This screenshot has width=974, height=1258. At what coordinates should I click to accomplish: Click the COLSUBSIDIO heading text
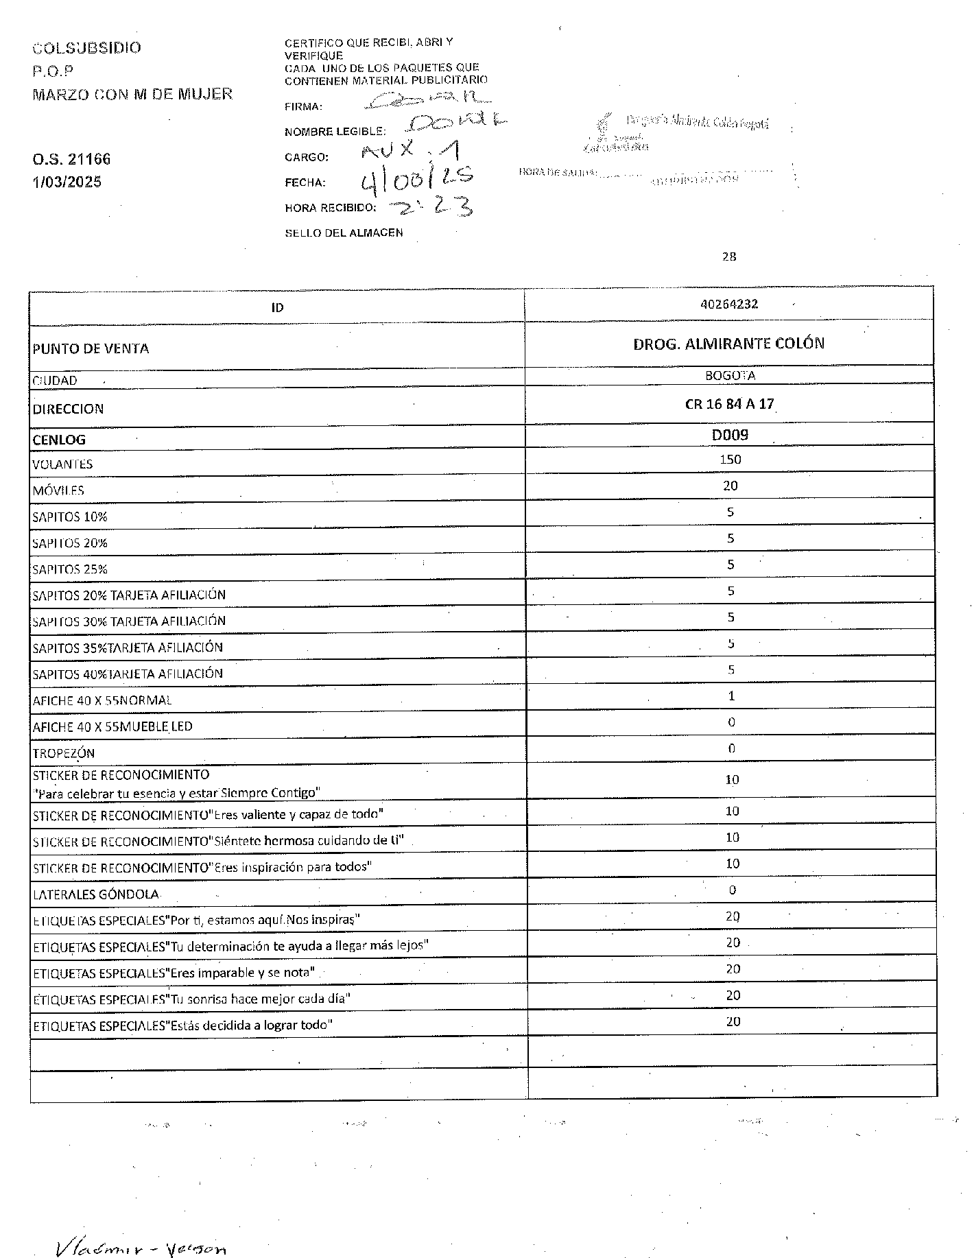click(87, 48)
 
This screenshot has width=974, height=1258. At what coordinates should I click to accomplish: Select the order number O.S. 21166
click(71, 160)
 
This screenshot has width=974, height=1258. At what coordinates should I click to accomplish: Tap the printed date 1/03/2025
click(67, 182)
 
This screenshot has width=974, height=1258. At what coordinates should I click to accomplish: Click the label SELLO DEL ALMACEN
click(344, 233)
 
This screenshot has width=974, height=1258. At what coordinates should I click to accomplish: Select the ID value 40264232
click(728, 304)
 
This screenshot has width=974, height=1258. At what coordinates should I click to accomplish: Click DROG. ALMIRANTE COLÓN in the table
click(728, 344)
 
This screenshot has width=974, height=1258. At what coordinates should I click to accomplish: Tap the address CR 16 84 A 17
click(729, 404)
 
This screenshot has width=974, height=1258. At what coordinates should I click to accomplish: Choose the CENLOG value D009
click(730, 435)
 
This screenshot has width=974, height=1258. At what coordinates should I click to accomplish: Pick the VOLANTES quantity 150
click(730, 460)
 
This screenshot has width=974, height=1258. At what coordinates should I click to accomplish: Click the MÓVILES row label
click(58, 490)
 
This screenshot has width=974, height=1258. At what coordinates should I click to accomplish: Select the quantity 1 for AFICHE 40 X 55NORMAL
click(731, 696)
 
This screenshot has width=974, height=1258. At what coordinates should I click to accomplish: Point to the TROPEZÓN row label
click(64, 753)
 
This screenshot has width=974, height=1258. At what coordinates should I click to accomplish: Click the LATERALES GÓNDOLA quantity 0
click(732, 890)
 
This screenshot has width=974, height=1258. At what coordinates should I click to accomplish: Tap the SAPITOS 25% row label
click(70, 569)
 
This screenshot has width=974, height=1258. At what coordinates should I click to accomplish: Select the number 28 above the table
click(729, 257)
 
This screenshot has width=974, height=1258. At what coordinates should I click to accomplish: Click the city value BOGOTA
click(730, 376)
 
